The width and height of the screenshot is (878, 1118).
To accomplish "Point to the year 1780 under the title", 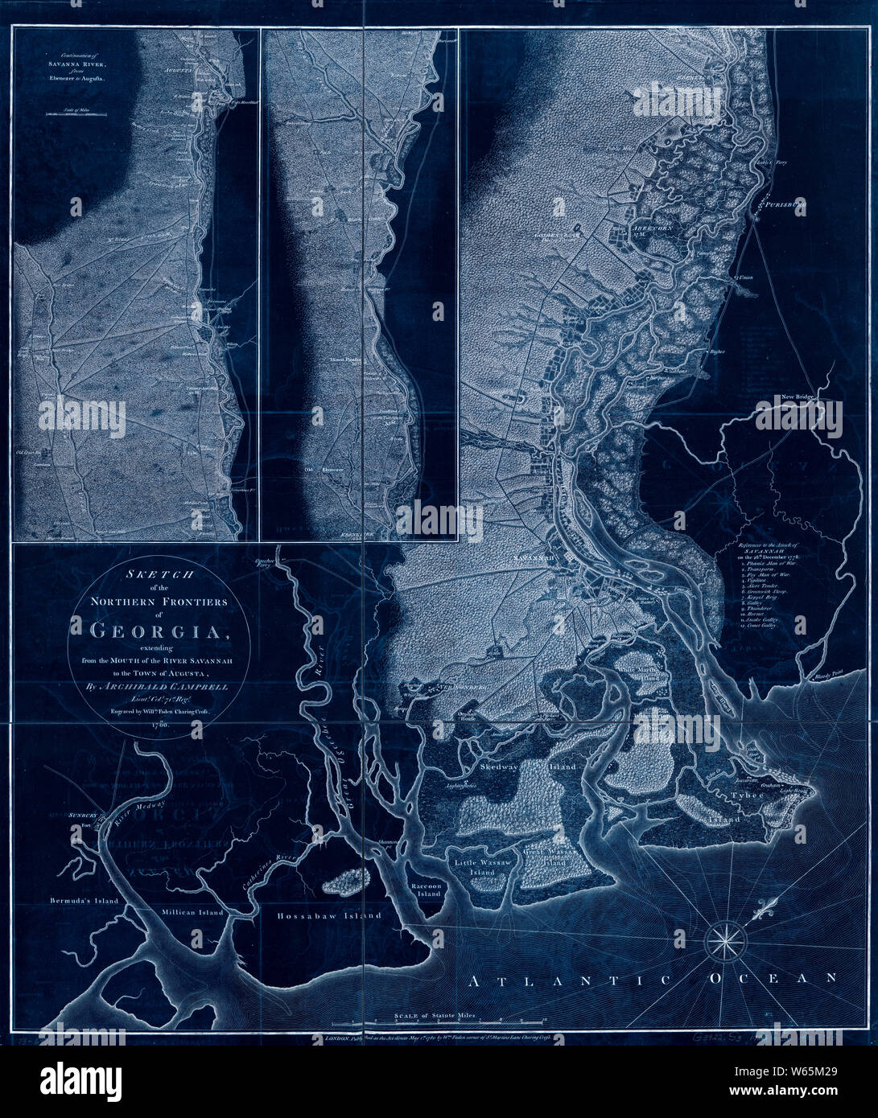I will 158,725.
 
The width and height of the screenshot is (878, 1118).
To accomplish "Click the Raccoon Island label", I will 425,888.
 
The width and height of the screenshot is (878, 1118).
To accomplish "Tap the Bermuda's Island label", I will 84,900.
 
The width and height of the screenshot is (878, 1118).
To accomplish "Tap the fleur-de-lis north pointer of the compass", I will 765,911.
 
